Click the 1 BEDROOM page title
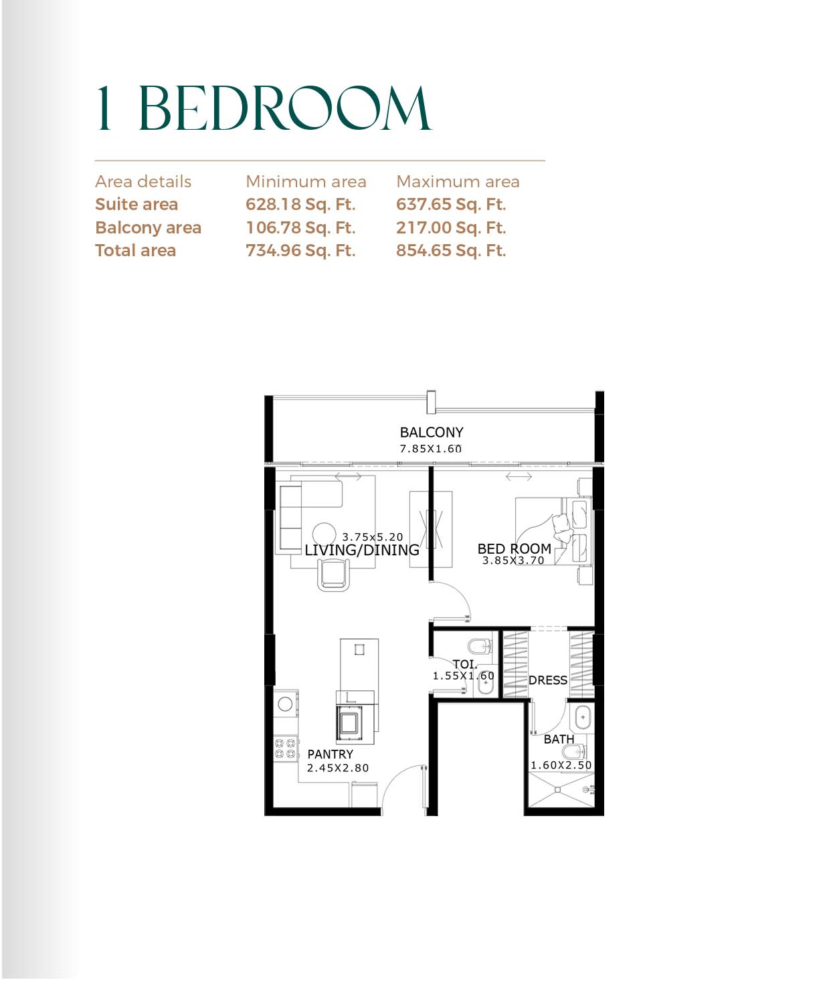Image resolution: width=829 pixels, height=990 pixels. click(x=264, y=108)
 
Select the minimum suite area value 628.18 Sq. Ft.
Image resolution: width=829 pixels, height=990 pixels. click(x=300, y=204)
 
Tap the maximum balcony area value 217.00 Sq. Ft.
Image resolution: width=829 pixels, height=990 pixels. click(x=450, y=227)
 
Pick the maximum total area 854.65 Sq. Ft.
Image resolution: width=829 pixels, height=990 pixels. click(x=450, y=250)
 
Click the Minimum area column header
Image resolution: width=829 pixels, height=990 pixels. click(x=306, y=181)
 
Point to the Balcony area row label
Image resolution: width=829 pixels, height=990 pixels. click(x=148, y=227)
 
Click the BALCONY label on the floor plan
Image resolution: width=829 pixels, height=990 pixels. click(x=432, y=432)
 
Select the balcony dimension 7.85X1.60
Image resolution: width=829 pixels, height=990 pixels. click(x=430, y=449)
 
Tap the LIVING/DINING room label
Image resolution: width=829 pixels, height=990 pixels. click(x=361, y=550)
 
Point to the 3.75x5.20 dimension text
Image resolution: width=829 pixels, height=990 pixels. click(x=373, y=536)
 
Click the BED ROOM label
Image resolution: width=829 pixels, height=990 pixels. click(x=514, y=549)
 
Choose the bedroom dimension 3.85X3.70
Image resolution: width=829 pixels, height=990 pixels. click(x=513, y=561)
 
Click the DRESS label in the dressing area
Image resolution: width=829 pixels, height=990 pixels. click(x=547, y=680)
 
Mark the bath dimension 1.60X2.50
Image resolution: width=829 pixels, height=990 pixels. click(x=561, y=765)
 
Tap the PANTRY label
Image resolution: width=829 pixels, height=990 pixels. click(x=330, y=754)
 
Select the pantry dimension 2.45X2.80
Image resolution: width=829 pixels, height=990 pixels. click(x=337, y=768)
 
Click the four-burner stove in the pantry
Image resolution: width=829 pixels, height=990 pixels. click(x=286, y=748)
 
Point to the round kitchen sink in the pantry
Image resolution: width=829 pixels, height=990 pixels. click(x=285, y=704)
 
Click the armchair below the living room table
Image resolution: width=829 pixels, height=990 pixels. click(x=333, y=574)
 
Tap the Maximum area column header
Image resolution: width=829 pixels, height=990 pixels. click(x=458, y=181)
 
